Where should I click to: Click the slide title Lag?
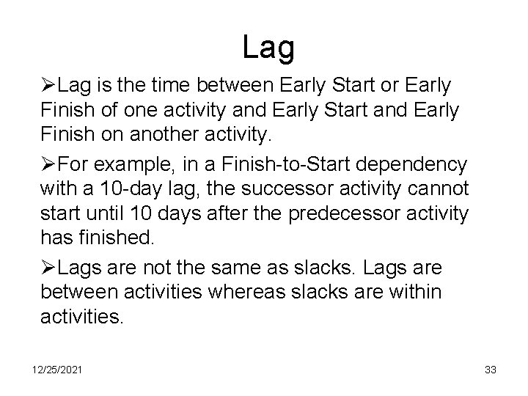[x=268, y=48]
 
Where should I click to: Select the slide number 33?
[x=491, y=370]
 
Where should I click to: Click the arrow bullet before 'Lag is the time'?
[x=48, y=87]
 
